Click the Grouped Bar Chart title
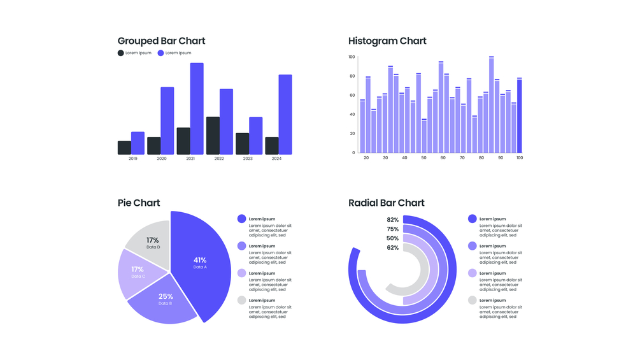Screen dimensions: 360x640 [161, 41]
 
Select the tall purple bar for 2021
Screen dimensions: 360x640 [197, 108]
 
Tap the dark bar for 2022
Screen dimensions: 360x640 [213, 135]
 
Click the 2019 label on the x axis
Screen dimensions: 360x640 [132, 158]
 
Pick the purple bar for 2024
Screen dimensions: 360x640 [285, 115]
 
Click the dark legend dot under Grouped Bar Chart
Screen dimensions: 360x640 [121, 53]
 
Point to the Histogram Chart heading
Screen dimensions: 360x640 [387, 41]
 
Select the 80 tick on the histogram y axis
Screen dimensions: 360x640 [352, 76]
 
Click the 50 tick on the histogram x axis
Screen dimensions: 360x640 [423, 157]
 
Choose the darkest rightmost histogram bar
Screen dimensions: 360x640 [520, 115]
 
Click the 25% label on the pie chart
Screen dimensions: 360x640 [166, 296]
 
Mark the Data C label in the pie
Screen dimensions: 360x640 [138, 277]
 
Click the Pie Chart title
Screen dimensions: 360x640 [139, 203]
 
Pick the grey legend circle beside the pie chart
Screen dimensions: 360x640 [241, 300]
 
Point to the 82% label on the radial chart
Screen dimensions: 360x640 [392, 220]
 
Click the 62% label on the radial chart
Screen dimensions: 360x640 [392, 248]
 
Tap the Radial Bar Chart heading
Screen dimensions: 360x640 [386, 203]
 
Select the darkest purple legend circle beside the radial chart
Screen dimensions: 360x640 [472, 219]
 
